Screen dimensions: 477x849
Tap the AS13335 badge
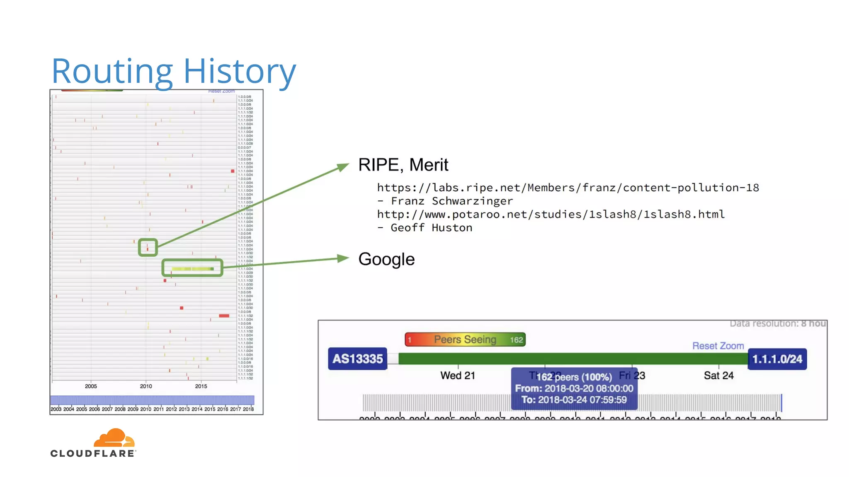tap(357, 359)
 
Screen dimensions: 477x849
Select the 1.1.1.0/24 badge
tap(777, 359)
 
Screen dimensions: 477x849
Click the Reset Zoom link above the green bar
tap(718, 346)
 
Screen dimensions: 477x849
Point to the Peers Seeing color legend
tap(465, 340)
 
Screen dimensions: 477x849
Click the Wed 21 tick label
tap(457, 376)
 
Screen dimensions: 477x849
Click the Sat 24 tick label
tap(718, 376)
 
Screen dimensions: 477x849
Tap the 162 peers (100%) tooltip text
tap(574, 377)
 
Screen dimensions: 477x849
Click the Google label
tap(386, 259)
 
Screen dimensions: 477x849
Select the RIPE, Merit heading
tap(403, 165)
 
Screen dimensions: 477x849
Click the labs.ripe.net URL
tap(568, 188)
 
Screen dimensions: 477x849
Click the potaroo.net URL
tap(551, 214)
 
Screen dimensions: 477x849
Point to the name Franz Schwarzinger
tap(451, 201)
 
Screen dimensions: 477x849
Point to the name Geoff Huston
tap(431, 228)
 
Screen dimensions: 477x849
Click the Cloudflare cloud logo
tap(114, 438)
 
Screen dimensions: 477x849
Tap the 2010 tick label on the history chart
tap(146, 386)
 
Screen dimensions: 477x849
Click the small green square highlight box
tap(148, 247)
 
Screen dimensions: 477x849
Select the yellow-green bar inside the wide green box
tap(192, 269)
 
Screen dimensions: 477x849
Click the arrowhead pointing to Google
tap(344, 258)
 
